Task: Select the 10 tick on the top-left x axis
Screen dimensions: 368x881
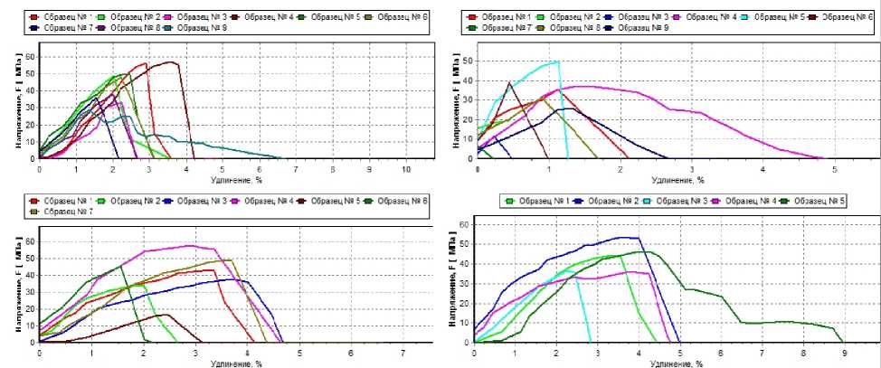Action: [405, 169]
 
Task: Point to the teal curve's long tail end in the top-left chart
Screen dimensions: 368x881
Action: [280, 158]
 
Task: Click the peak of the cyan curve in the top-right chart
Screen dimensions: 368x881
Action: [558, 61]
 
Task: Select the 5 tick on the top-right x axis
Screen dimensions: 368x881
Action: [834, 169]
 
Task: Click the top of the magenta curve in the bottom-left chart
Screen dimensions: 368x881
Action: [189, 245]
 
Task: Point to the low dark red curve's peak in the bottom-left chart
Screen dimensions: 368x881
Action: [167, 315]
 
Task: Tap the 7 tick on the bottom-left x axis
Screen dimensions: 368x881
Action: [403, 353]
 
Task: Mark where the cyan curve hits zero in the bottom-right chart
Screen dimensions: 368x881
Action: [591, 342]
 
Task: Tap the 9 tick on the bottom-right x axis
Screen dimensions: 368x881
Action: [844, 354]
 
